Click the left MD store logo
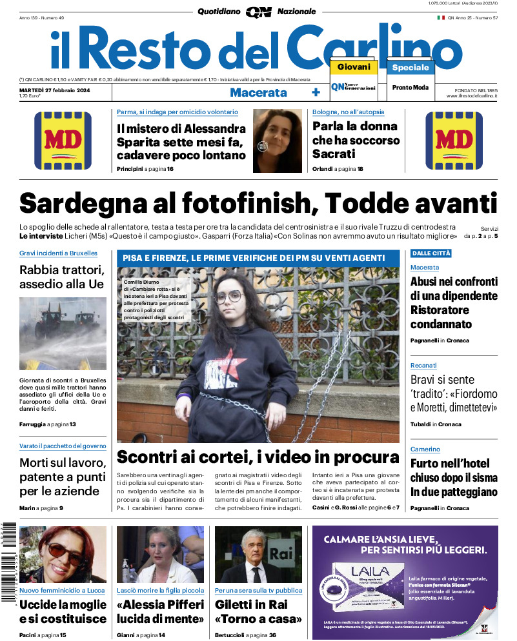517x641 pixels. coord(63,141)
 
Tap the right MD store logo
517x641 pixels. coord(454,141)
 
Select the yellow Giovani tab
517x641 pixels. coord(354,67)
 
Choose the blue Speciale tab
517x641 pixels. coord(411,67)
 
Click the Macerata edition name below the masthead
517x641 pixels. coord(258,92)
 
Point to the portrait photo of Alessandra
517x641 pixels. coord(278,141)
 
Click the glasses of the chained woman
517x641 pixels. coord(228,297)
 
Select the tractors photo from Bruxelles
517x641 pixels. coord(63,332)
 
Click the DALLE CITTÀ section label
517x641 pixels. coord(431,253)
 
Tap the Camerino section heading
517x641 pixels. coord(425,449)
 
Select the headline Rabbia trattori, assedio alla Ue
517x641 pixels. coord(62,277)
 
